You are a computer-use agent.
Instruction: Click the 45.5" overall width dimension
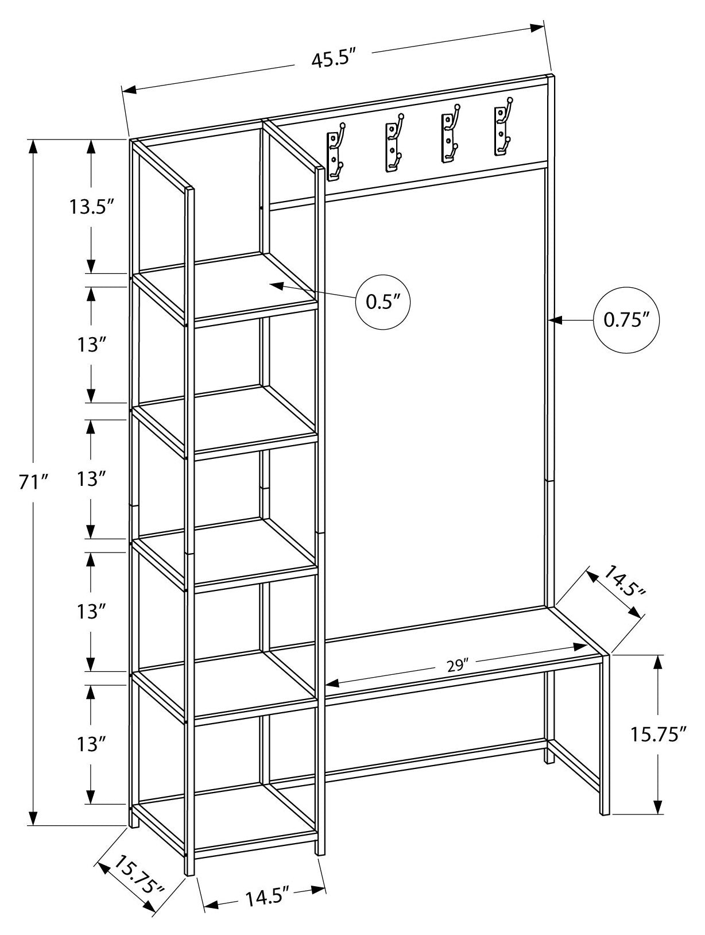335,59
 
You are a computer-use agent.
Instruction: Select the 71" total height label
33,482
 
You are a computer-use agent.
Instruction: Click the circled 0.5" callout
383,302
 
